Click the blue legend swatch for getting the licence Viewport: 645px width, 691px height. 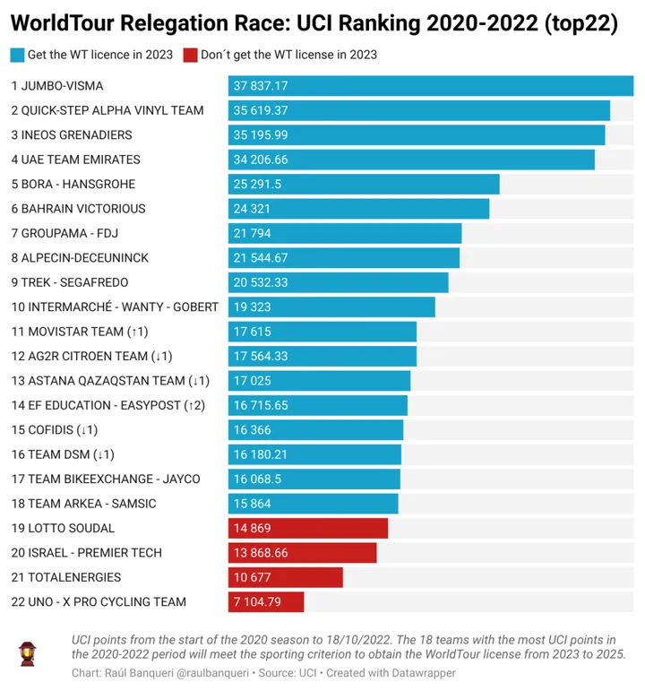pyautogui.click(x=17, y=55)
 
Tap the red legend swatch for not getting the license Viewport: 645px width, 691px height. pyautogui.click(x=190, y=55)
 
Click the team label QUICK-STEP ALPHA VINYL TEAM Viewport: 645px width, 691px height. pyautogui.click(x=107, y=111)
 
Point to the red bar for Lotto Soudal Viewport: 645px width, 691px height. pyautogui.click(x=307, y=528)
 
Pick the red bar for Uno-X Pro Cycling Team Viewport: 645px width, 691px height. pyautogui.click(x=266, y=601)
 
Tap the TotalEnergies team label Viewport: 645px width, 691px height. pyautogui.click(x=66, y=577)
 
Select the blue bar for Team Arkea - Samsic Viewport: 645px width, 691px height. pyautogui.click(x=313, y=504)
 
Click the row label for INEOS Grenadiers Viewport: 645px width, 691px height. pyautogui.click(x=72, y=135)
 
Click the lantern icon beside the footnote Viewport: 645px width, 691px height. pyautogui.click(x=29, y=654)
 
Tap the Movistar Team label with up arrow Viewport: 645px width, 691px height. pyautogui.click(x=80, y=332)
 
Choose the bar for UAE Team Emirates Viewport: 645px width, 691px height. pyautogui.click(x=411, y=160)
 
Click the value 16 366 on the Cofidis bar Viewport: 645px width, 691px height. pyautogui.click(x=252, y=430)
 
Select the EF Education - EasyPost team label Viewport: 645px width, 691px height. pyautogui.click(x=108, y=405)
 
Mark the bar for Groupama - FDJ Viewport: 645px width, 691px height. pyautogui.click(x=345, y=233)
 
